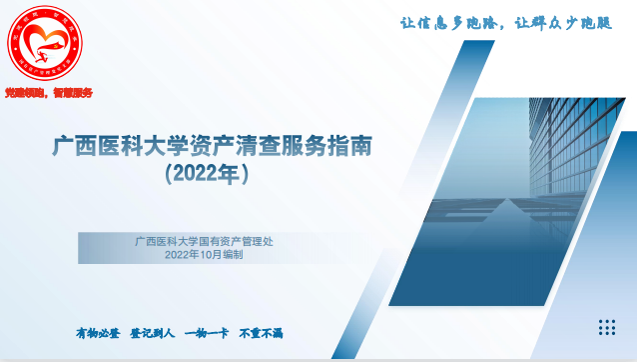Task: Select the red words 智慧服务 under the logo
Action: point(73,92)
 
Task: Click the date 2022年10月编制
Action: point(204,255)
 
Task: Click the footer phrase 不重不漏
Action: point(261,332)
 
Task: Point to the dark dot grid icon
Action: point(608,327)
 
